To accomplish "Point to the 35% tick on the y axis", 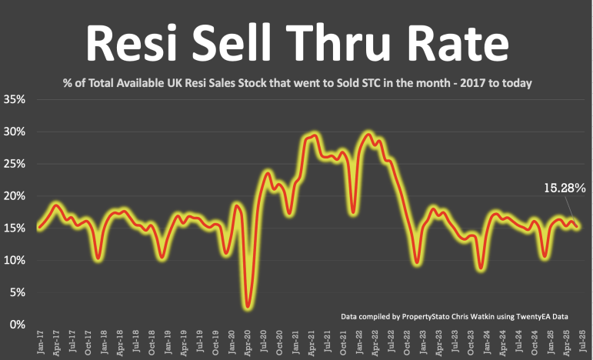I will (15, 100).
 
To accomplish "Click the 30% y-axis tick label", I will (15, 132).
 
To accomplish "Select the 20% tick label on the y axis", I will (15, 196).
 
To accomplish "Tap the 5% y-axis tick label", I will (17, 292).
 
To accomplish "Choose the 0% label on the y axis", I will (17, 325).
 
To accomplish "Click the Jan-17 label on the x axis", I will (38, 342).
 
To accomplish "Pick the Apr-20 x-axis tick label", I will (247, 342).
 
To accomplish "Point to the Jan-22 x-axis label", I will (359, 342).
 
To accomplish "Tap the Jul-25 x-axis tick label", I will (582, 342).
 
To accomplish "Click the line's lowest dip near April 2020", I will (247, 306).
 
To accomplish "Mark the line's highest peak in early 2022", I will (368, 135).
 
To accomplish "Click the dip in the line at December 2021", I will (352, 211).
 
